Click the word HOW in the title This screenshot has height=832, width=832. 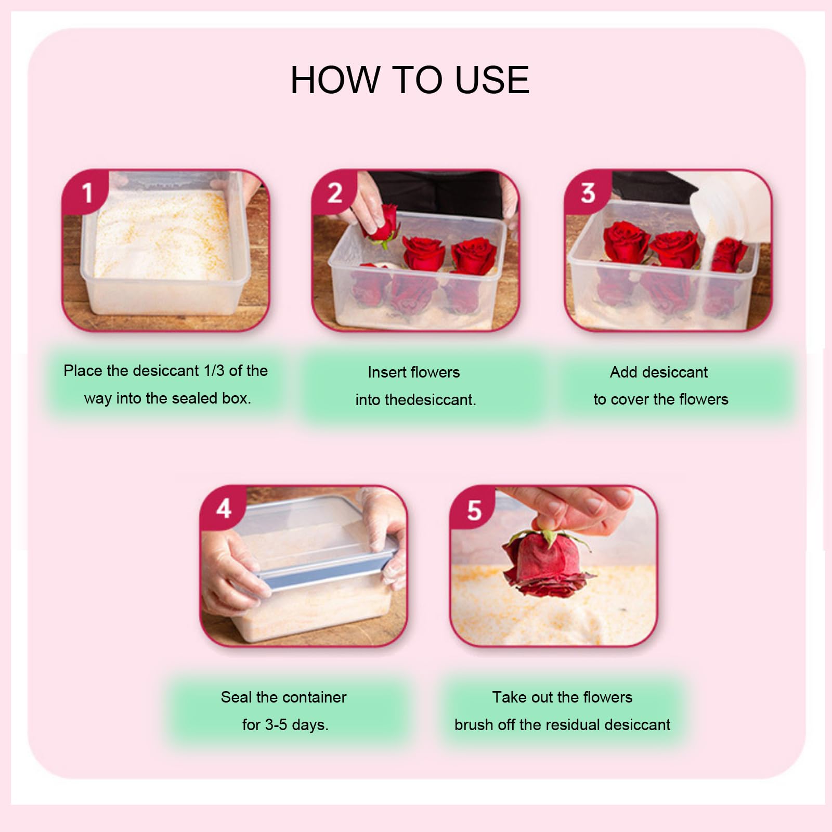[335, 80]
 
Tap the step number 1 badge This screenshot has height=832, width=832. [86, 192]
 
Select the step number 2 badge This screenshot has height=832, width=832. [335, 193]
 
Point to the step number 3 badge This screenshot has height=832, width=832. [588, 193]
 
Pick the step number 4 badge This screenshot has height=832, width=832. [224, 509]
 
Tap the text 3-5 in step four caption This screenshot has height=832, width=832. [275, 724]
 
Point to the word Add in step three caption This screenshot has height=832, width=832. [624, 372]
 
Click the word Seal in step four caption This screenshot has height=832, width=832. [235, 697]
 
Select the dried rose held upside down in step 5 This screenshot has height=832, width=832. [543, 564]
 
